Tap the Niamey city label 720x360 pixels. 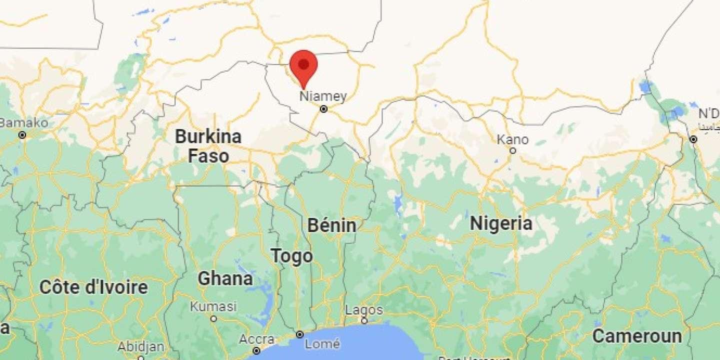[x=322, y=96]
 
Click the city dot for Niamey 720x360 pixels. [x=323, y=109]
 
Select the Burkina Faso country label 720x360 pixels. [x=208, y=145]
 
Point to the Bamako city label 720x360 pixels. [x=24, y=123]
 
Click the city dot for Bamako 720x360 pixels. [x=22, y=135]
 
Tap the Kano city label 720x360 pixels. [x=512, y=139]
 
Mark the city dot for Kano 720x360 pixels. [x=512, y=150]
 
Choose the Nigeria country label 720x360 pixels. [x=500, y=223]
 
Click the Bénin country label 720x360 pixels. [x=331, y=225]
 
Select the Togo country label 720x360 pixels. [x=292, y=256]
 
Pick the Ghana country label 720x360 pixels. [x=225, y=278]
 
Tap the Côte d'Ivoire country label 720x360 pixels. [x=93, y=287]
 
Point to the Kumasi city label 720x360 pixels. [x=213, y=306]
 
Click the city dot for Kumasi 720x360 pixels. [x=213, y=318]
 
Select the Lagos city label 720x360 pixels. [x=364, y=310]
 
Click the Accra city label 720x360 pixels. [x=256, y=339]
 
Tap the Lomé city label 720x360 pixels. [x=322, y=344]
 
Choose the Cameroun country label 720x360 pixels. [x=637, y=336]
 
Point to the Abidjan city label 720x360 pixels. [x=140, y=346]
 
